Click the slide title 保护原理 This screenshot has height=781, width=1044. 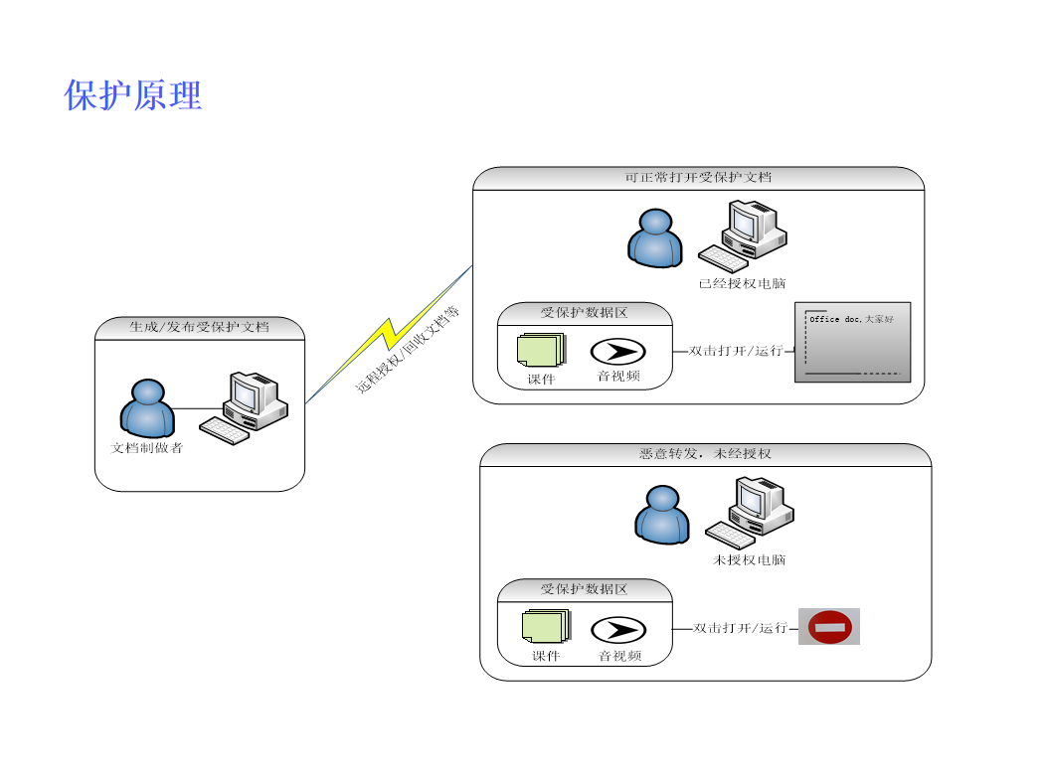coord(133,95)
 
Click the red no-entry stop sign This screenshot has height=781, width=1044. coord(829,627)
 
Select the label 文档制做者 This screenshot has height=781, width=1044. coord(146,448)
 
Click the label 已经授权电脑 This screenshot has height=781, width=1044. coord(742,284)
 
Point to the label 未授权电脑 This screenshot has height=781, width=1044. coord(750,560)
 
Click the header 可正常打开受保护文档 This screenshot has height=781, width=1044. coord(698,178)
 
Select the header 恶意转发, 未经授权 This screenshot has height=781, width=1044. coord(705,454)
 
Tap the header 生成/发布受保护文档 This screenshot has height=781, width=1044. coord(199,327)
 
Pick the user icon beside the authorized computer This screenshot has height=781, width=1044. coord(655,237)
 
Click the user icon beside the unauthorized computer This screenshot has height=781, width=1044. coord(662,514)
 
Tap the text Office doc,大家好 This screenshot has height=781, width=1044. coord(851,320)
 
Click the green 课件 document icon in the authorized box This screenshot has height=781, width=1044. coord(540,350)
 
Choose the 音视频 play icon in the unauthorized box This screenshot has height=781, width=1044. coord(618,629)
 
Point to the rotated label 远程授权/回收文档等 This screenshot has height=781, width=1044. coord(409,350)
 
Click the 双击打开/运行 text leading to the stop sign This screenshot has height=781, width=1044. coord(740,628)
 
